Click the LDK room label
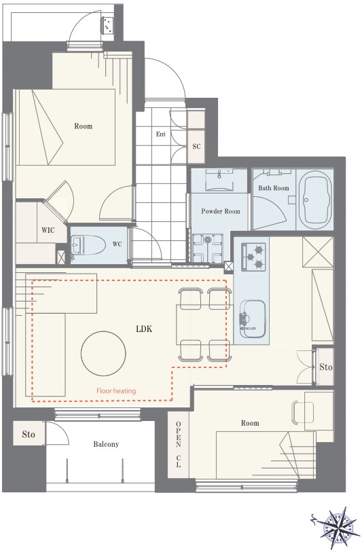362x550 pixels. point(144,329)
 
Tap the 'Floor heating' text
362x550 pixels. point(116,390)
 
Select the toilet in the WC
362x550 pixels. point(88,245)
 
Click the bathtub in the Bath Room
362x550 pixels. point(315,200)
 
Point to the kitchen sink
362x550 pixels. point(252,318)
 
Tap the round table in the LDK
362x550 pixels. point(103,353)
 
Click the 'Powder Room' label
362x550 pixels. point(221,211)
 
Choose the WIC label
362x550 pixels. point(48,230)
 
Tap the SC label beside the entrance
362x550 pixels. point(196,146)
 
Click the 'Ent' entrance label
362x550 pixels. point(161,134)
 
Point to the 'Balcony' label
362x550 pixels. point(106,444)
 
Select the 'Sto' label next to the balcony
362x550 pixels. point(29,435)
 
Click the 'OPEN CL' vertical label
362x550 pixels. point(178,445)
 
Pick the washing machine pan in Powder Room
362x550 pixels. point(207,248)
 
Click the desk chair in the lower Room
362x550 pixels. point(302,413)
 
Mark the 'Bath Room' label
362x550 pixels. point(274,187)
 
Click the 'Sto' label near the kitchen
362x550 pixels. point(326,367)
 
